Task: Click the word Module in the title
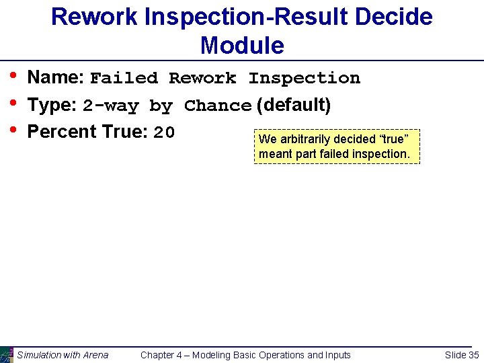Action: (x=242, y=46)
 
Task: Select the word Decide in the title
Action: (x=395, y=17)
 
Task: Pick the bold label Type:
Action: (x=52, y=106)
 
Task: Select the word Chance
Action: (x=218, y=106)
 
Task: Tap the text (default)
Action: (x=294, y=105)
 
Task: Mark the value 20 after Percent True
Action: (x=164, y=133)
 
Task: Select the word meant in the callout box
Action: (x=274, y=154)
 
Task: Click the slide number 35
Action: (x=473, y=355)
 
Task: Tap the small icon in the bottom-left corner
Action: (x=7, y=354)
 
